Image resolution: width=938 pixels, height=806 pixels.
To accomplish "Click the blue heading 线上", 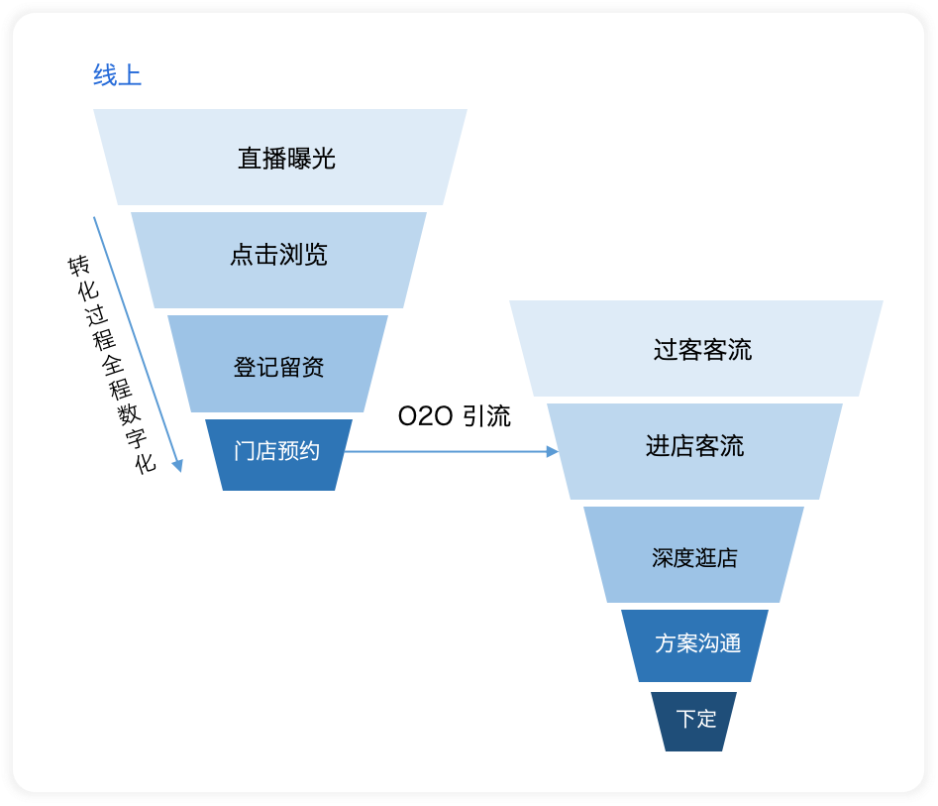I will (x=117, y=75).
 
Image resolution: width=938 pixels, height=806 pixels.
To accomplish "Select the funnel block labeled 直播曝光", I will (x=281, y=158).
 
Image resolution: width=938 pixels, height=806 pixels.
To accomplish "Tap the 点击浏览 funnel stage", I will (x=278, y=256).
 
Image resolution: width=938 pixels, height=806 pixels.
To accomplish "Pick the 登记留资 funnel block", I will (x=278, y=367).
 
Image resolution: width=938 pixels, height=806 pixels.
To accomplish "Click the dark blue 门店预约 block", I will (x=277, y=452).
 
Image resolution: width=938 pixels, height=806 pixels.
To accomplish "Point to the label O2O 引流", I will (x=454, y=416).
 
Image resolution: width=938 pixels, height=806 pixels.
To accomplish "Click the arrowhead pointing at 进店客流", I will (x=553, y=452).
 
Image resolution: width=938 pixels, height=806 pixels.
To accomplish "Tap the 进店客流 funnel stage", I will (x=694, y=447).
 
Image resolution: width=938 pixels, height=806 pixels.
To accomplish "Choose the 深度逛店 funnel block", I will (x=694, y=556).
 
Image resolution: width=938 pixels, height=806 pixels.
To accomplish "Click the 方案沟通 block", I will (x=696, y=643).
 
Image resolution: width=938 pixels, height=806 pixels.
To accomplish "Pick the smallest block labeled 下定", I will (x=695, y=719).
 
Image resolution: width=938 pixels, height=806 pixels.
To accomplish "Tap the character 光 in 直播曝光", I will (x=324, y=158).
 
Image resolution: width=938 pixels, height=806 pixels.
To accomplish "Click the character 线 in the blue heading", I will (x=105, y=75).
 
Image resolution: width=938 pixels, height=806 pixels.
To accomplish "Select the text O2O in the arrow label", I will (x=425, y=416).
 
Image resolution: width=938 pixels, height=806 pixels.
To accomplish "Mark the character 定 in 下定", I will (x=706, y=719).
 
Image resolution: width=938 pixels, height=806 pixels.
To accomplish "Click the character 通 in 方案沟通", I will (x=730, y=643).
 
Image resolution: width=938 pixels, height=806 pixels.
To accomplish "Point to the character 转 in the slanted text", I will (x=77, y=265).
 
